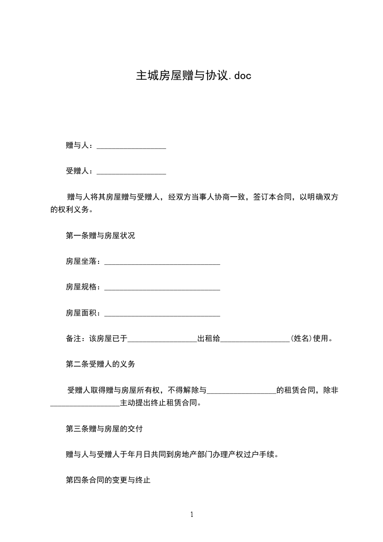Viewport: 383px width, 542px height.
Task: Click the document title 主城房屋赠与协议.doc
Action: tap(193, 76)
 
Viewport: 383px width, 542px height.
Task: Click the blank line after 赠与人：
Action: tap(131, 145)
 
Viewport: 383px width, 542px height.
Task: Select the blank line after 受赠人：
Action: tap(131, 171)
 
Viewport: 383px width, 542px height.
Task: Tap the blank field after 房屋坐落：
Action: tap(162, 261)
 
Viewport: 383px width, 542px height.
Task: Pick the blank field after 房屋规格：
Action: tap(162, 287)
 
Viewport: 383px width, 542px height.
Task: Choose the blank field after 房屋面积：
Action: tap(162, 313)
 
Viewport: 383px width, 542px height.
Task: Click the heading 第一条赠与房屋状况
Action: tap(100, 236)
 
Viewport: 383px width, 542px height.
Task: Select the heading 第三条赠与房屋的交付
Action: tap(104, 428)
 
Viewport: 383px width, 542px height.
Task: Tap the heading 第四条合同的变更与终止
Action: tap(108, 480)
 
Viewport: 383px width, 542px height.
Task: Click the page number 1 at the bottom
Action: tap(192, 514)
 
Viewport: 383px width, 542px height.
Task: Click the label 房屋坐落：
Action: tap(84, 261)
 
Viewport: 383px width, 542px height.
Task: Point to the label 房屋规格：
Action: tap(84, 287)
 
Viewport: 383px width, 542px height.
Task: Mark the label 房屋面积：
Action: tap(84, 313)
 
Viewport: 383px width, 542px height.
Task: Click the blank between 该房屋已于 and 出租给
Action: tap(162, 339)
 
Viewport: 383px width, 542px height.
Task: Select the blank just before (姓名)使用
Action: tap(255, 339)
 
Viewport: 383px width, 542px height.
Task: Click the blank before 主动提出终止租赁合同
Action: tap(85, 403)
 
